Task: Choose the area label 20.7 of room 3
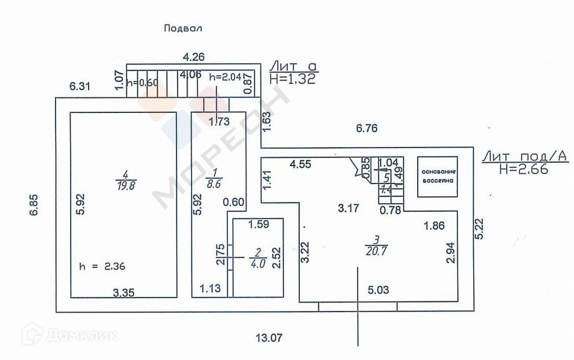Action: (x=376, y=251)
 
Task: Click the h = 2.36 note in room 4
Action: (x=102, y=267)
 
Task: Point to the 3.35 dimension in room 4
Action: (x=124, y=293)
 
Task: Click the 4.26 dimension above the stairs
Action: (x=194, y=57)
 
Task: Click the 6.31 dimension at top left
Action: (x=80, y=87)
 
